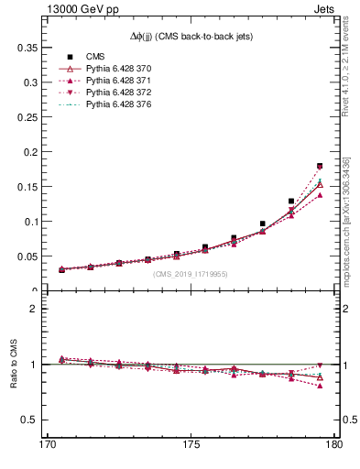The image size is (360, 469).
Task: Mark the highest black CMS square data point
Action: [320, 166]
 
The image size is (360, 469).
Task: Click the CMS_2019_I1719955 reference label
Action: [191, 274]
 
